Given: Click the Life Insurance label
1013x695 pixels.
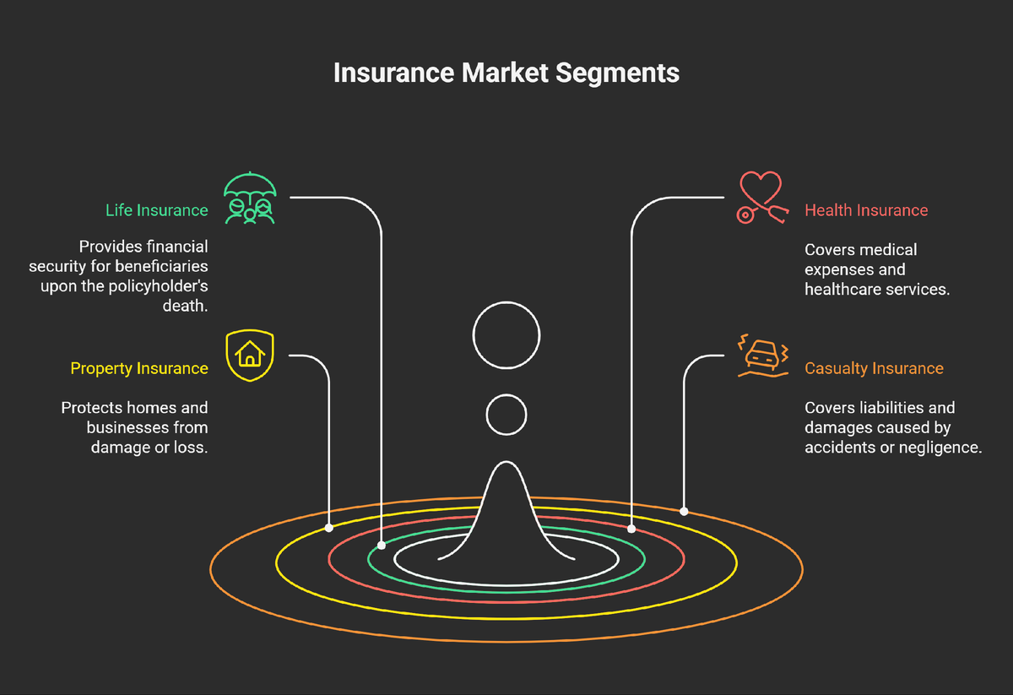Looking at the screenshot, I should [x=156, y=210].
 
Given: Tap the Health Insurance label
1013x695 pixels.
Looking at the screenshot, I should [x=866, y=210].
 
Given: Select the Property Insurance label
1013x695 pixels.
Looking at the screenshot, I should [x=138, y=368].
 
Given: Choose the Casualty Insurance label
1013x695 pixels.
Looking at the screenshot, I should [x=874, y=368].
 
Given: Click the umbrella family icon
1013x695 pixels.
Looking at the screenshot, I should [x=250, y=199].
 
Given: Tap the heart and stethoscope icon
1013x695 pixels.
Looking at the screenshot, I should [x=761, y=198].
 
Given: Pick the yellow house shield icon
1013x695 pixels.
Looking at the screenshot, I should [x=250, y=356].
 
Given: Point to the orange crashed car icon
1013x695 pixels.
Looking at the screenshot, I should [x=763, y=356].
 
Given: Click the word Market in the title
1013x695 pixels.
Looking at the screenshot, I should [x=504, y=73].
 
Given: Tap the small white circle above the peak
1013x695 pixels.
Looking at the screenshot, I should [x=506, y=415].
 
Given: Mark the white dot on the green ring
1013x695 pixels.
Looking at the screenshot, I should [x=382, y=546].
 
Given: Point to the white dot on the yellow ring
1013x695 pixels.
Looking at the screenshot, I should [x=329, y=528].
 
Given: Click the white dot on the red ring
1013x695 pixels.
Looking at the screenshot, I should [x=631, y=529].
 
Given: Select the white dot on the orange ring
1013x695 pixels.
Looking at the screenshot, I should [x=684, y=511].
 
